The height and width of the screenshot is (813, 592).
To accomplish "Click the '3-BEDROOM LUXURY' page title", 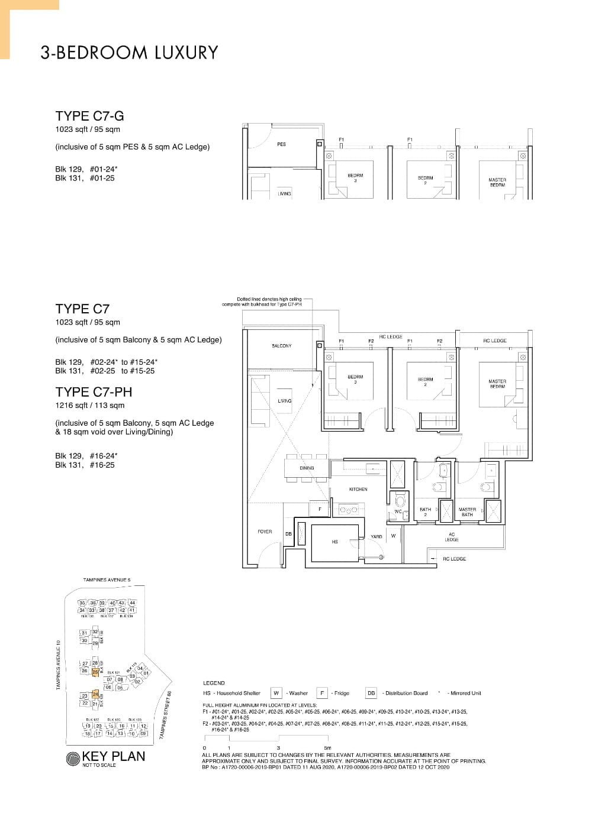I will coord(129,53).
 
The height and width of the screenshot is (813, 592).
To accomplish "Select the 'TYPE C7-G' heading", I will coord(89,116).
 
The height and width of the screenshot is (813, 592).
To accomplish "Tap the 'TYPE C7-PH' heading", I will coord(94,391).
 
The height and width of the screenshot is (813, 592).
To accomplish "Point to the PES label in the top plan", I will coord(281,144).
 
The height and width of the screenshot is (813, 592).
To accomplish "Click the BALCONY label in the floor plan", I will coord(281,346).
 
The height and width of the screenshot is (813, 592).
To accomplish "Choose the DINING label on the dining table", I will coord(307,468).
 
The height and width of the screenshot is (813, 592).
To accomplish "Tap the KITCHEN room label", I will coord(358,489).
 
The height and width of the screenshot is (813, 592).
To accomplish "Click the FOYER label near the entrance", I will coord(265,532).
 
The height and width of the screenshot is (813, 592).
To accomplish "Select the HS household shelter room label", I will coord(334,542).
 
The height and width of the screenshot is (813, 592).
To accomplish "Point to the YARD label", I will coord(376,536).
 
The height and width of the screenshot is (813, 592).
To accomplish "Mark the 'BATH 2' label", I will coord(425,511).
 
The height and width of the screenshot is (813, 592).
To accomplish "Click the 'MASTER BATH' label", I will coord(467,511).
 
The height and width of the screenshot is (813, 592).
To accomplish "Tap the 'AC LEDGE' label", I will coord(452,536).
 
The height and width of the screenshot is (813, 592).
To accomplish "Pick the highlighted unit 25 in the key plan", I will coord(95,672).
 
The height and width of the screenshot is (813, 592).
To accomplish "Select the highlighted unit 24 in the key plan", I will coord(95,695).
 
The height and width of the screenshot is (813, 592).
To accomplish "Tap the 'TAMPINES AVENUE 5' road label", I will coord(107,580).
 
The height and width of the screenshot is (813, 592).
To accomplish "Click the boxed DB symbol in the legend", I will coord(371,693).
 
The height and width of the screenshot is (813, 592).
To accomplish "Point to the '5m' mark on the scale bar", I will coord(327,748).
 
